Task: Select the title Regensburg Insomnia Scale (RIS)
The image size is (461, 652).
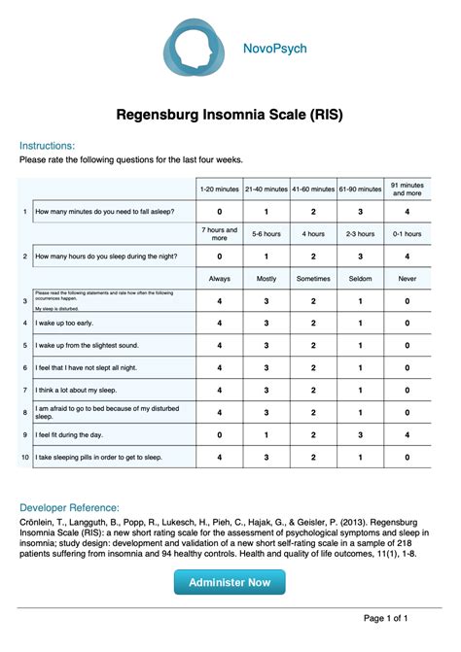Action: point(230,116)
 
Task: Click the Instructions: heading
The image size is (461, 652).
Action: point(47,145)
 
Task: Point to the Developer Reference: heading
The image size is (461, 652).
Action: point(70,507)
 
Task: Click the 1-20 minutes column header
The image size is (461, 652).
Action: point(219,189)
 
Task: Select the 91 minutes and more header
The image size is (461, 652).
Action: point(407,189)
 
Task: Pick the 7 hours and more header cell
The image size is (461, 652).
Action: point(219,234)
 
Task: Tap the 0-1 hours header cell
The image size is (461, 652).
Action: point(407,234)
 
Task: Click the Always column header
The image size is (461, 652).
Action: point(219,279)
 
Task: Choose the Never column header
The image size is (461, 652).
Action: point(407,279)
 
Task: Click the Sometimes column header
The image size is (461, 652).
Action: point(313,279)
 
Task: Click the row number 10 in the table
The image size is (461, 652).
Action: point(25,456)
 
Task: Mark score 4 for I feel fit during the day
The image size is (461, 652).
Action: point(407,434)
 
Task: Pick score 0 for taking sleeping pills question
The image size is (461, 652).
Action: point(407,456)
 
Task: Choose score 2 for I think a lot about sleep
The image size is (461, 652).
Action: point(313,390)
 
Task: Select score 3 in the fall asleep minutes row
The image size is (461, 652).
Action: point(360,211)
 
